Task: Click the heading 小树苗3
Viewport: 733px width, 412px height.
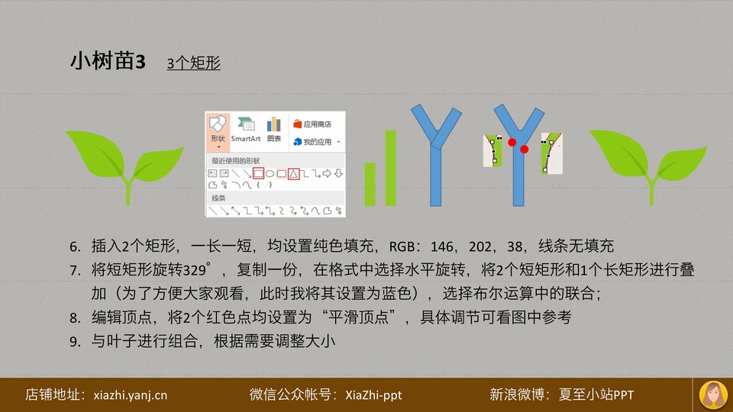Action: pos(108,61)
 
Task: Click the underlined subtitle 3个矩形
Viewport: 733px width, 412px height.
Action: pos(193,63)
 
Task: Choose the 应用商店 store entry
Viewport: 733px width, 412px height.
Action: pos(312,124)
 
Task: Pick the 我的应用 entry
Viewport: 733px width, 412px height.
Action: pos(316,142)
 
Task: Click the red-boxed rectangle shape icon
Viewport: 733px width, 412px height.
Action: pos(258,174)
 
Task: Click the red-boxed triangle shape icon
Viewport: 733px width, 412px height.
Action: pos(293,174)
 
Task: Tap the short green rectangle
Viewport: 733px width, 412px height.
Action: pos(370,184)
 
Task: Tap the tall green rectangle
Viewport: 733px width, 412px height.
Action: pos(391,168)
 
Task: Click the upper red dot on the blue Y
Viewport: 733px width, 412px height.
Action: pos(512,142)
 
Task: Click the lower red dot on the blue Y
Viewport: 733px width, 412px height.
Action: pos(524,149)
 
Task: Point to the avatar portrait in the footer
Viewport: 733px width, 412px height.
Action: pos(713,395)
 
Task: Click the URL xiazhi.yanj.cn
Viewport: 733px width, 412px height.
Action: pos(130,395)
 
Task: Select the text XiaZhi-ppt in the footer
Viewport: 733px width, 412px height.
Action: pos(373,395)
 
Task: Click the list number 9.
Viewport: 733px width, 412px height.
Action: pos(75,342)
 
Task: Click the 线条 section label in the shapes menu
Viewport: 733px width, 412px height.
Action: pos(218,198)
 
